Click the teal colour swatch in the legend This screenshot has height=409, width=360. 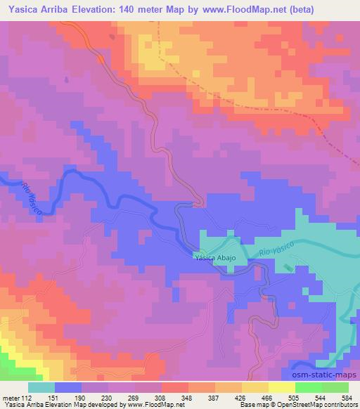click(x=41, y=387)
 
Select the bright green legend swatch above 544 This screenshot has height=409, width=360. click(x=309, y=387)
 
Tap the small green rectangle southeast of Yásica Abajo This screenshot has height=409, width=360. click(x=288, y=268)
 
